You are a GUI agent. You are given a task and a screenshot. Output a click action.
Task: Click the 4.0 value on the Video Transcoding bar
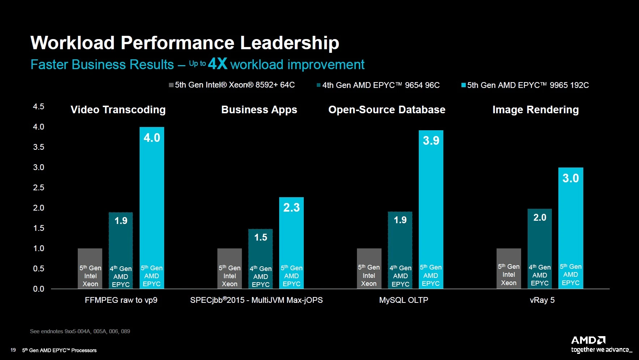152,138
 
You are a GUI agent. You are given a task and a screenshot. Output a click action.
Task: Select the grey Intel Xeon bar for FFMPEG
90,268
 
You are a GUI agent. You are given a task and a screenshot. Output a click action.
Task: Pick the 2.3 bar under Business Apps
291,242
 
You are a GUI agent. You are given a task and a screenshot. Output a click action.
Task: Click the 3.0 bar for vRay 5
571,228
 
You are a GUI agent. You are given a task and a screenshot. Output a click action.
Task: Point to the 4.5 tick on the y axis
38,107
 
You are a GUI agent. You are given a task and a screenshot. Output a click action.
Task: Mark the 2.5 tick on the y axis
38,188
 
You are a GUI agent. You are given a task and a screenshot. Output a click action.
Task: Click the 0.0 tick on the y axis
38,289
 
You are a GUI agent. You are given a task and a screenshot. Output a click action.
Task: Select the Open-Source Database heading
387,110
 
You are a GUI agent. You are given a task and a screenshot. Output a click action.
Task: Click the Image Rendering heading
535,110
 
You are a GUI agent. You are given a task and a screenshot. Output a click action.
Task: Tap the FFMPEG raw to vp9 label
121,300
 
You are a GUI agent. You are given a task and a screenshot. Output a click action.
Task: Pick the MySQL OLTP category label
404,300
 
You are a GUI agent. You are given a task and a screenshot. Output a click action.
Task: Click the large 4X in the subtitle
218,64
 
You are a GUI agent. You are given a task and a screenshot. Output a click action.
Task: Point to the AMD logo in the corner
588,340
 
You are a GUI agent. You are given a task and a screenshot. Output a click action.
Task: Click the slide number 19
13,350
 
